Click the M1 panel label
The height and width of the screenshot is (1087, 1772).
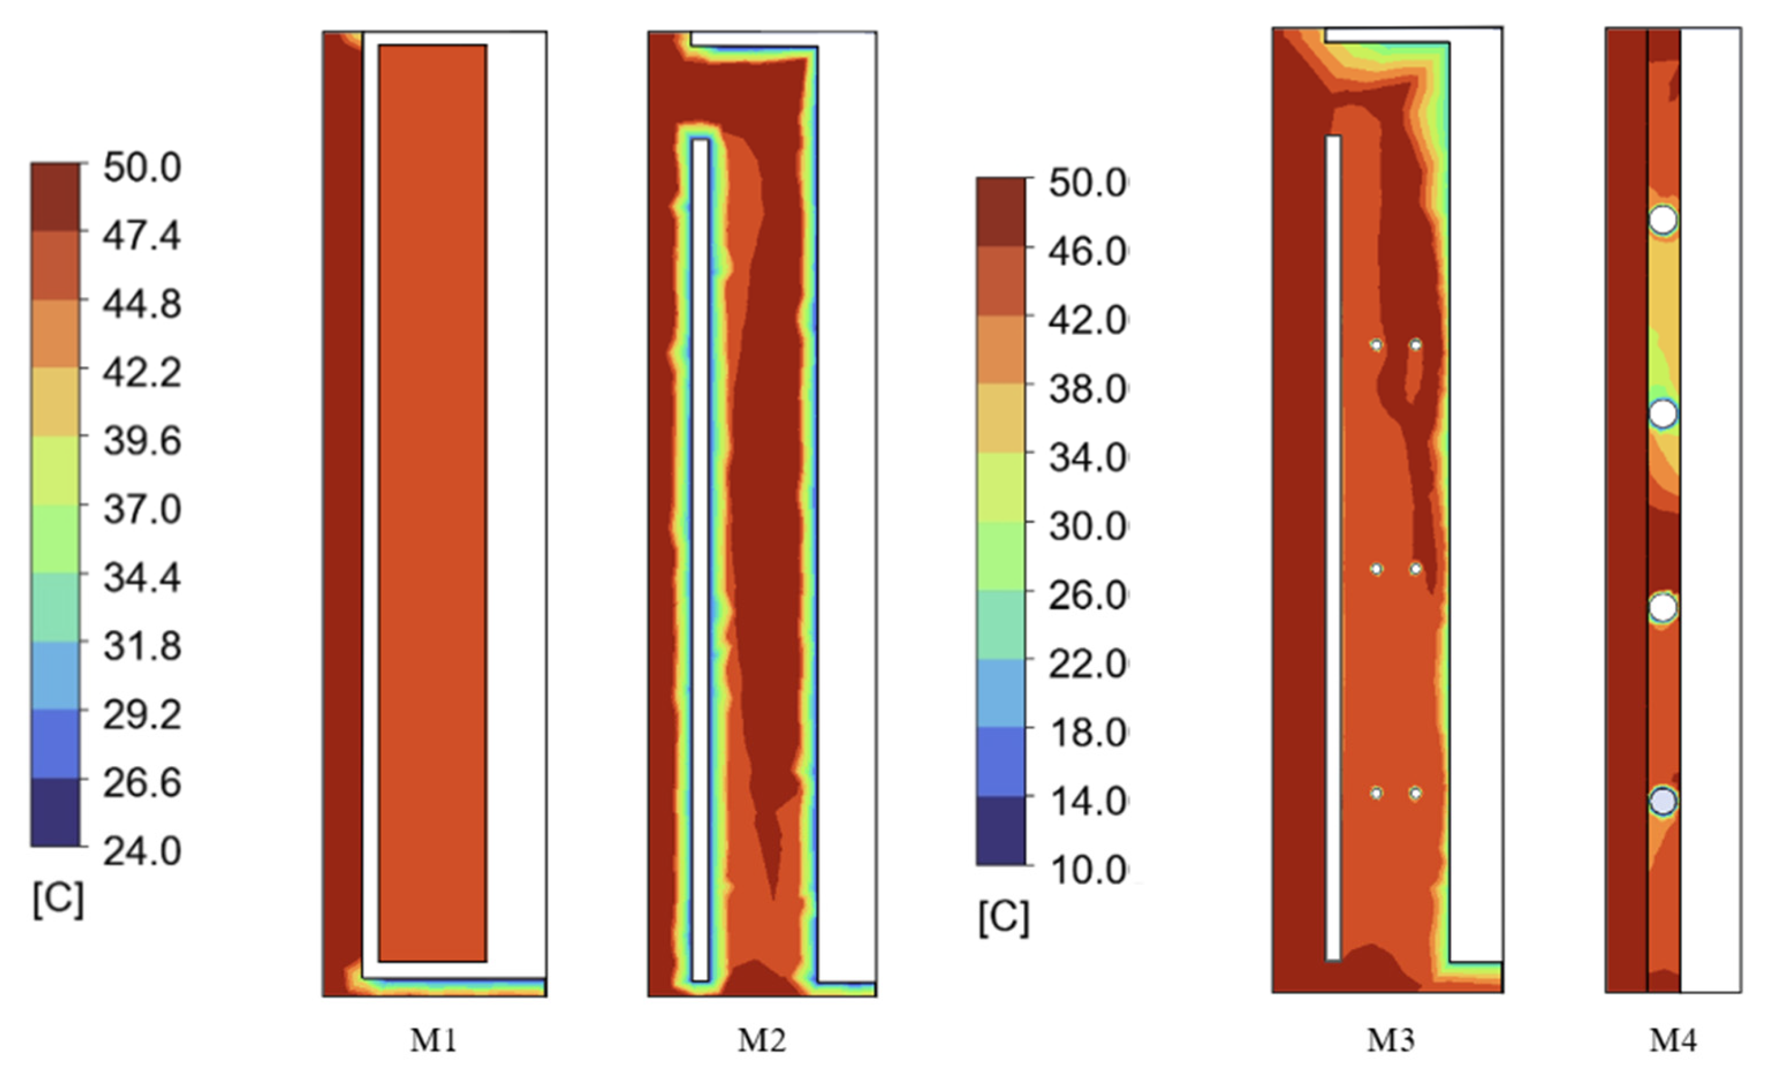click(433, 1040)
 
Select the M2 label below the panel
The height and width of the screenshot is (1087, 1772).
click(761, 1040)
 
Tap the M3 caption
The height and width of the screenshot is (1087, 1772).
click(1391, 1040)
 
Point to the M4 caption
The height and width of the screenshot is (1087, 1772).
click(1673, 1040)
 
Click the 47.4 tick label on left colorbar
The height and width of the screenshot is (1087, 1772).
click(141, 235)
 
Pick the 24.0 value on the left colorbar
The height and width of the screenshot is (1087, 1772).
click(141, 852)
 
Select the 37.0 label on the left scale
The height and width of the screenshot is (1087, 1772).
click(141, 510)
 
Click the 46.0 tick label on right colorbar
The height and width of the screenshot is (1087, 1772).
click(1087, 252)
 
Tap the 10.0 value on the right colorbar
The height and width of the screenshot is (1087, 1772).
click(1087, 870)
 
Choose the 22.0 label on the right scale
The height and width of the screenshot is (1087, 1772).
click(1087, 664)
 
